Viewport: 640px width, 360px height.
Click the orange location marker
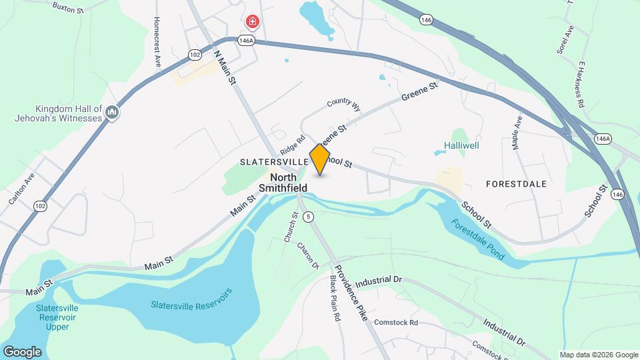tap(320, 159)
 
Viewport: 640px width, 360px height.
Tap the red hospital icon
tap(252, 22)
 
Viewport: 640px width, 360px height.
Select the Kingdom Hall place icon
tap(111, 113)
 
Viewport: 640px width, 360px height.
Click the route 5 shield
tap(307, 217)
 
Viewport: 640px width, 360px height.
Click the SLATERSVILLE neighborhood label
tap(269, 162)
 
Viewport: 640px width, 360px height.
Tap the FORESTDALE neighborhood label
tap(516, 183)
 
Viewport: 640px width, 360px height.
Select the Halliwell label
tap(462, 145)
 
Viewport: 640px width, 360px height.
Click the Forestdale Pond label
tap(477, 240)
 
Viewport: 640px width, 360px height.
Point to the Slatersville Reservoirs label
tap(191, 299)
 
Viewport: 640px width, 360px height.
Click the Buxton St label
tap(68, 7)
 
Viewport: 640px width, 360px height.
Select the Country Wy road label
tap(343, 105)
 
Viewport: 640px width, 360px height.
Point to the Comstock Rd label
tap(395, 323)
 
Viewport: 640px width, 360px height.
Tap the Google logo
tap(22, 351)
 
